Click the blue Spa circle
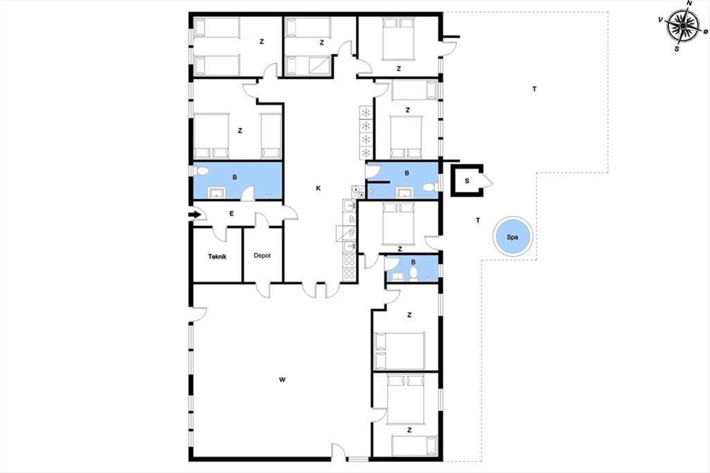coord(512,237)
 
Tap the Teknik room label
coord(217,257)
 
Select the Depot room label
coord(262,255)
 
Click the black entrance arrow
coord(195,215)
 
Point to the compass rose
coord(683,25)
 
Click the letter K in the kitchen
coord(318,188)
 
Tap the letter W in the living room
coord(282,380)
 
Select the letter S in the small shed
coord(467,181)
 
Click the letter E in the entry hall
coord(232,213)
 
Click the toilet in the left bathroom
coord(201,171)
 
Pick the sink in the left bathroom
coord(217,192)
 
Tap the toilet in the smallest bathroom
coord(414,274)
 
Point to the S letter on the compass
coord(677,49)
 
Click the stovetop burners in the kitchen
coord(349,268)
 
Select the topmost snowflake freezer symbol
coord(366,112)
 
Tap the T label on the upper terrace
coord(534,89)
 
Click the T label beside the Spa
coord(478,220)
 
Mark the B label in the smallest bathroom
coord(414,262)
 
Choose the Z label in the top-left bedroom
coord(262,41)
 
